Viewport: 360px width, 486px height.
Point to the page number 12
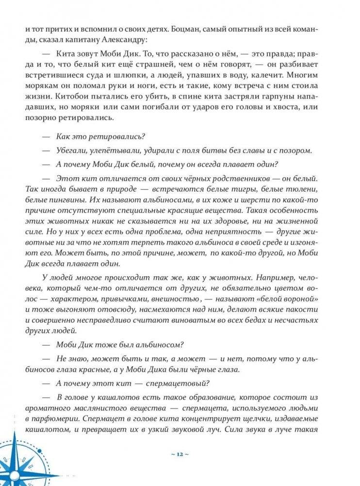coord(180,454)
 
